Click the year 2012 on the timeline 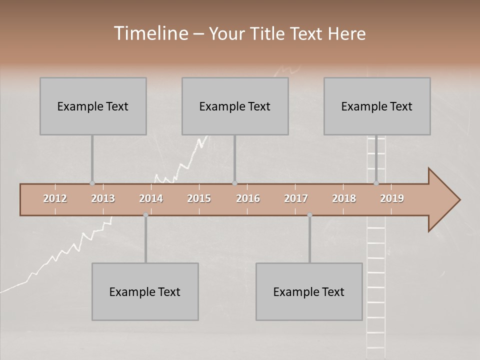pyautogui.click(x=55, y=198)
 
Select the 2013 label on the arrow pyautogui.click(x=103, y=198)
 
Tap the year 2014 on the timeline pyautogui.click(x=151, y=198)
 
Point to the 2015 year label pyautogui.click(x=199, y=198)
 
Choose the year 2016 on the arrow pyautogui.click(x=248, y=198)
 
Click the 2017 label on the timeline pyautogui.click(x=296, y=198)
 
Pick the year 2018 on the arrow pyautogui.click(x=344, y=198)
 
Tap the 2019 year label pyautogui.click(x=392, y=198)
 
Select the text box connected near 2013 pyautogui.click(x=93, y=106)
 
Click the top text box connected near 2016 pyautogui.click(x=235, y=106)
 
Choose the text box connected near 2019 pyautogui.click(x=377, y=106)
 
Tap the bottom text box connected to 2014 pyautogui.click(x=145, y=292)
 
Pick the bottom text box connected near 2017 pyautogui.click(x=309, y=292)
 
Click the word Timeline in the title pyautogui.click(x=150, y=33)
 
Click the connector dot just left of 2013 pyautogui.click(x=92, y=183)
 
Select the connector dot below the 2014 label pyautogui.click(x=145, y=215)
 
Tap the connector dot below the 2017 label pyautogui.click(x=309, y=215)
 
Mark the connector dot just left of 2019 pyautogui.click(x=376, y=183)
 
